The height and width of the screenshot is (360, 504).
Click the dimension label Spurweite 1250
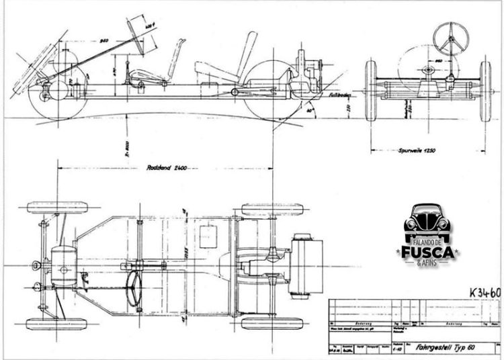point(423,150)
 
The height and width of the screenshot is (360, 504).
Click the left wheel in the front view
point(370,91)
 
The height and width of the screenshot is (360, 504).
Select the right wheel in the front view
point(485,91)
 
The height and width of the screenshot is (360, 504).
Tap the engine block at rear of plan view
point(306,264)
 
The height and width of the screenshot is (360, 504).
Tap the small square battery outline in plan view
point(210,237)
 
